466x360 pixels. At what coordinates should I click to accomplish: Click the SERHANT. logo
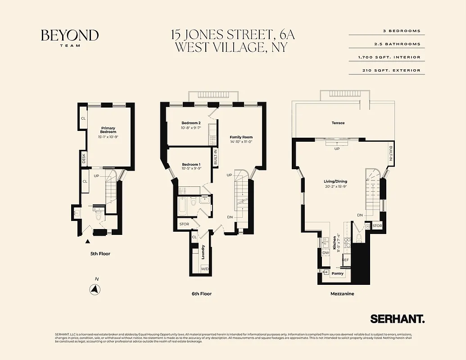(397, 319)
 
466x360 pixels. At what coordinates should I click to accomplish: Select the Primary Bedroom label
(108, 130)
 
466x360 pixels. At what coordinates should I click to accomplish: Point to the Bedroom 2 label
(191, 123)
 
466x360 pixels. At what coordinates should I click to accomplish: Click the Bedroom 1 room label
(191, 164)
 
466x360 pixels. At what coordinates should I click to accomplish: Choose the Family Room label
(241, 137)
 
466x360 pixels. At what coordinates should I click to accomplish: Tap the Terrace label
(338, 123)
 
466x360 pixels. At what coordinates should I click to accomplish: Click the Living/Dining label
(335, 181)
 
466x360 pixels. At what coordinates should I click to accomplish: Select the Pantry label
(337, 273)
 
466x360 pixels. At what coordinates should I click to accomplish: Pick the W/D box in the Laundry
(204, 269)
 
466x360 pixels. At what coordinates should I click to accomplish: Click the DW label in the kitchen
(325, 252)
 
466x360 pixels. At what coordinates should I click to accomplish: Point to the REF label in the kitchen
(346, 260)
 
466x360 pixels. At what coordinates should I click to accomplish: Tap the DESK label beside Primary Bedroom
(84, 158)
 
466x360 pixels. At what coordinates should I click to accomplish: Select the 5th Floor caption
(100, 254)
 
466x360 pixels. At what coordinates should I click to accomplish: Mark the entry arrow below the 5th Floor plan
(87, 242)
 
